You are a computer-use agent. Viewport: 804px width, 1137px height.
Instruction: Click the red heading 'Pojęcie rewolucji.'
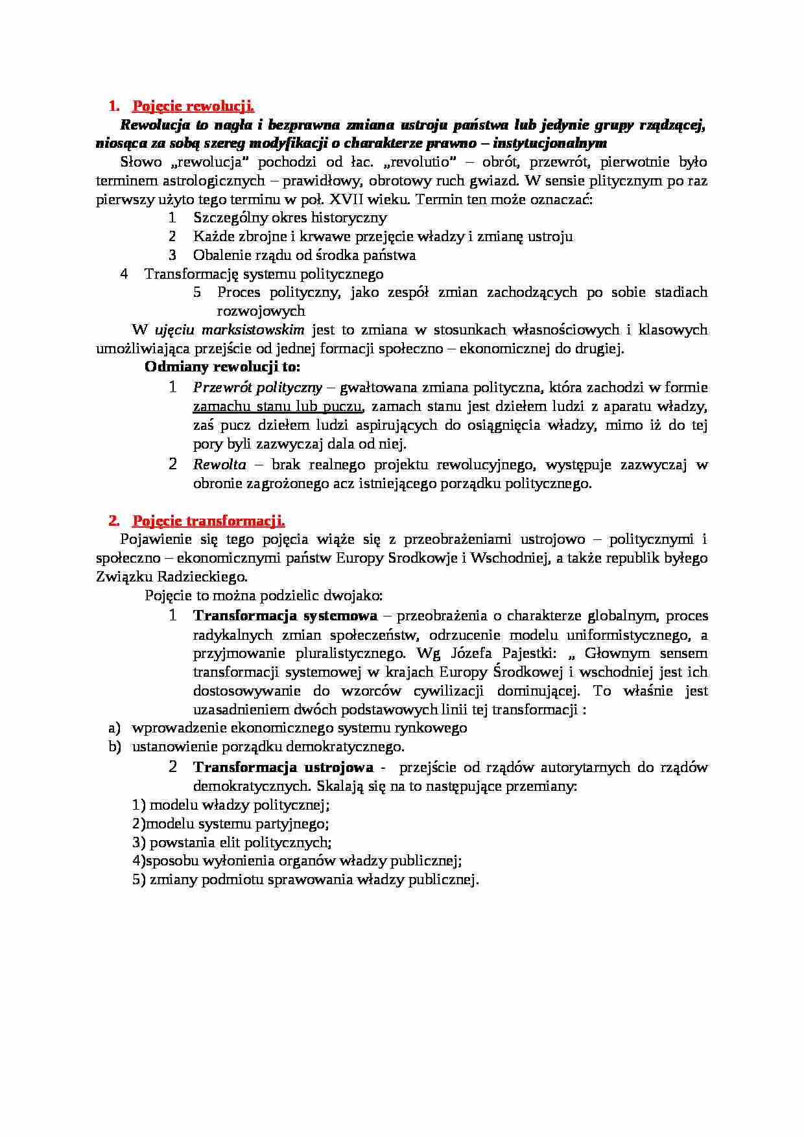[x=193, y=106]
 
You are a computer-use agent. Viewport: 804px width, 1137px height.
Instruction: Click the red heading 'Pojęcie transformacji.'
[x=208, y=521]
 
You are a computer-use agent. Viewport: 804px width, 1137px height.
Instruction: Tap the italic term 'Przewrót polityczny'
[x=257, y=388]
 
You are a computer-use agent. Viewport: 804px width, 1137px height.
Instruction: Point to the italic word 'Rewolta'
[x=220, y=464]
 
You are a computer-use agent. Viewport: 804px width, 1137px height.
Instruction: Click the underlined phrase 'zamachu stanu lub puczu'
[x=277, y=406]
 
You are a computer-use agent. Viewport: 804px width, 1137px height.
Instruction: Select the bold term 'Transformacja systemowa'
[x=285, y=615]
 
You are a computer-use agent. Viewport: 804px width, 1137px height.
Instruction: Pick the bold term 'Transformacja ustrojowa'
[x=283, y=767]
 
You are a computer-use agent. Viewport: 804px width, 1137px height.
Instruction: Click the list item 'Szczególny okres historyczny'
[x=290, y=218]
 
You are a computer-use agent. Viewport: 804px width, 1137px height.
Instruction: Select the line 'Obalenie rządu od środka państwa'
[x=304, y=255]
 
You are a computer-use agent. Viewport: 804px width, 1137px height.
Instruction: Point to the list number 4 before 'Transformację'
[x=124, y=274]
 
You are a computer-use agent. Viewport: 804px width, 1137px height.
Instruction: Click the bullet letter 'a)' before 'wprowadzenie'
[x=115, y=727]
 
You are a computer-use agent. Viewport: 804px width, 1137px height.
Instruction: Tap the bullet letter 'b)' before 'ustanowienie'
[x=115, y=746]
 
